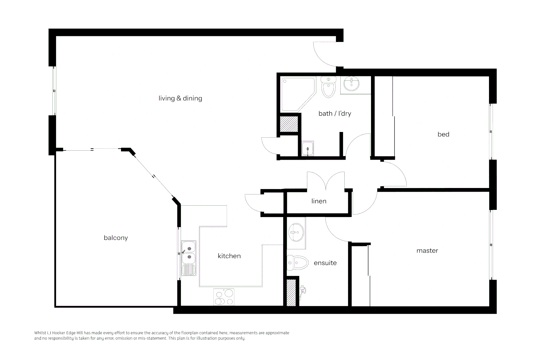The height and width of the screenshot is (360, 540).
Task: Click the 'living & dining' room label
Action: (180, 98)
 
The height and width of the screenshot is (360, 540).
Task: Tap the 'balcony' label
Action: (116, 238)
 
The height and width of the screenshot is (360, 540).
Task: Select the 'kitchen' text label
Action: (229, 256)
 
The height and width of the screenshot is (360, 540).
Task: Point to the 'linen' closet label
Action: (319, 201)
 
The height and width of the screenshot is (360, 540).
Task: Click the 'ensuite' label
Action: (325, 263)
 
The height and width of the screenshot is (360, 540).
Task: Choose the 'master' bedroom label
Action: (427, 251)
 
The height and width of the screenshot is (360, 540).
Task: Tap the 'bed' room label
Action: (443, 134)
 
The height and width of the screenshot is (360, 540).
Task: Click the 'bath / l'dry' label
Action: (335, 114)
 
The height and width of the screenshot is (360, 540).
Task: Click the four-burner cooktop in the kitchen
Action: (224, 297)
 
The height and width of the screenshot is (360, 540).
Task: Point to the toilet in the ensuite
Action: (298, 263)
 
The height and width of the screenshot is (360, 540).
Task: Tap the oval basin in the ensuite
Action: (296, 232)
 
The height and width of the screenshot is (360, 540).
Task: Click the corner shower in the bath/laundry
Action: (298, 94)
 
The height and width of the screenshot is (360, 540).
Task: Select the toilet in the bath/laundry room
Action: (328, 87)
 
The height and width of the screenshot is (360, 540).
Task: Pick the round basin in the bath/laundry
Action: (351, 84)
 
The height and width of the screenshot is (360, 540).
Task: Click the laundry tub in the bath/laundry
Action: (308, 148)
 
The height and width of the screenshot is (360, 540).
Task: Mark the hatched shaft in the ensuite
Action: (291, 292)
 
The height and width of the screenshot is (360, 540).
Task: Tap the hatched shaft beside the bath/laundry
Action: (289, 124)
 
